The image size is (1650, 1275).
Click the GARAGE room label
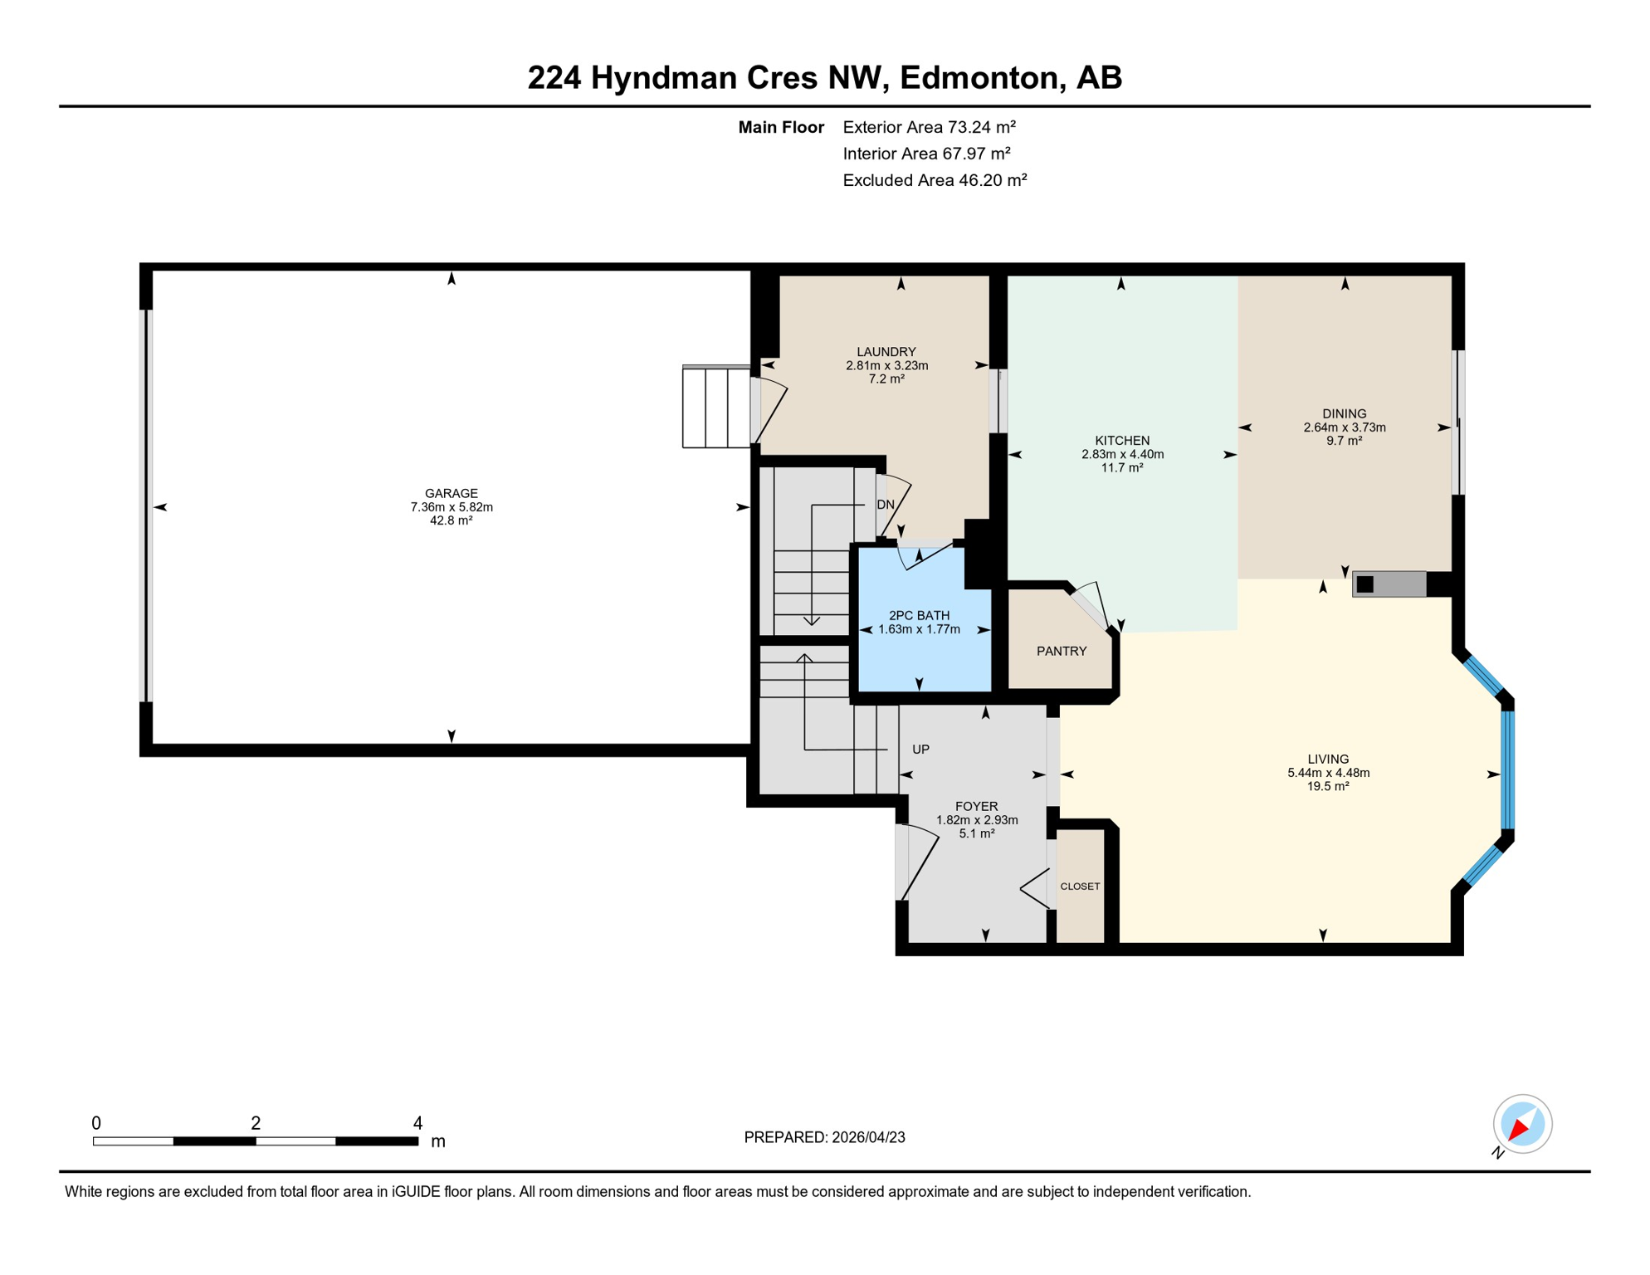[x=451, y=493]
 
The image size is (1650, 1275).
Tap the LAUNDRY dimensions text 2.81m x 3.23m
[x=886, y=365]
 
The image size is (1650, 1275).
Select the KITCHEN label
[x=1122, y=441]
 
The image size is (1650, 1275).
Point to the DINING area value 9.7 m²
[x=1344, y=441]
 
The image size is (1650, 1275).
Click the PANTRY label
[x=1062, y=651]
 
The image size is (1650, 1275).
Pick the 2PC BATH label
[x=919, y=615]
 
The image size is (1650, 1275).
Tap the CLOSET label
[x=1080, y=887]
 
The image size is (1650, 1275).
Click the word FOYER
[x=976, y=806]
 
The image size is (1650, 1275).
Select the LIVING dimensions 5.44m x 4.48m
[x=1328, y=773]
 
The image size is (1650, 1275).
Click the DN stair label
[x=886, y=505]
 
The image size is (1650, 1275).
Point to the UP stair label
[x=920, y=749]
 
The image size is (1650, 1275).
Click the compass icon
[x=1522, y=1124]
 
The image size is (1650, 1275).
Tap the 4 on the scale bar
[x=417, y=1123]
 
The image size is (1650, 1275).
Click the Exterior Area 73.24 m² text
[x=929, y=127]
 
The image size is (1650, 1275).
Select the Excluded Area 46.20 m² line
[x=935, y=180]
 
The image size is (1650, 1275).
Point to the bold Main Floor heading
[x=780, y=127]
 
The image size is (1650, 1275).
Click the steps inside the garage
[x=715, y=407]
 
